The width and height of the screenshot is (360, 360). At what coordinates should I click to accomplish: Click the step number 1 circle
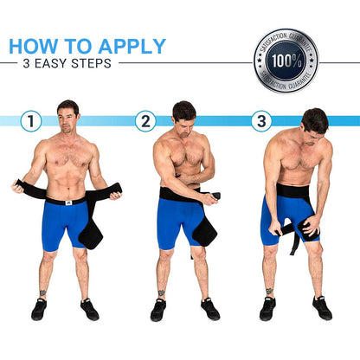(x=31, y=121)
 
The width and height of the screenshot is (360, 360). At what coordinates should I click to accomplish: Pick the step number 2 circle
(x=145, y=121)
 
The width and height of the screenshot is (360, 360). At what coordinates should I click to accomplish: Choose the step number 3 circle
(x=261, y=121)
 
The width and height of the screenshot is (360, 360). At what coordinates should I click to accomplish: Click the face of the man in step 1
(x=67, y=117)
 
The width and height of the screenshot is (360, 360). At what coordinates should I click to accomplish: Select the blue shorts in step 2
(x=177, y=222)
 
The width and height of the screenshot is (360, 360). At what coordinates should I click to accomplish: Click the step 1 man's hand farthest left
(x=16, y=185)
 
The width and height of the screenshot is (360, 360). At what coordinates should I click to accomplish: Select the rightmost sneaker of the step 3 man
(x=322, y=308)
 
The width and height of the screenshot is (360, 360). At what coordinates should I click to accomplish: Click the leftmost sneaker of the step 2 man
(x=157, y=310)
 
